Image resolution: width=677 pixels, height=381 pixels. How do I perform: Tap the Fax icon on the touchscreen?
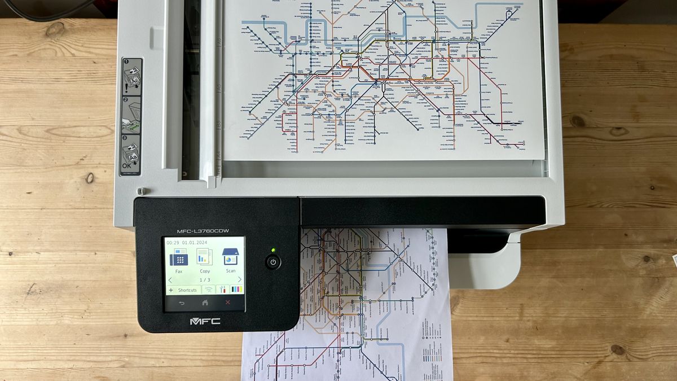[179, 258]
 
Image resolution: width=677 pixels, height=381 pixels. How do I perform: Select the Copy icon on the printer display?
[204, 258]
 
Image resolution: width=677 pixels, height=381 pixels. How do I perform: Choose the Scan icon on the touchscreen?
[230, 257]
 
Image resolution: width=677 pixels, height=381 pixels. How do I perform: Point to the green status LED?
[273, 249]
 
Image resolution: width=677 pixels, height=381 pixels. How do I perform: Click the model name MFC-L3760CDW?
[203, 231]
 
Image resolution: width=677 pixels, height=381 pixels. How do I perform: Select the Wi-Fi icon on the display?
[209, 290]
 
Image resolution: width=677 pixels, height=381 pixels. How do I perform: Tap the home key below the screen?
[205, 303]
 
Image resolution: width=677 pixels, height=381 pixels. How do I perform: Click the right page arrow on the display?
[239, 279]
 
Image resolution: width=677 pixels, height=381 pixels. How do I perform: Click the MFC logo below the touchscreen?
[205, 321]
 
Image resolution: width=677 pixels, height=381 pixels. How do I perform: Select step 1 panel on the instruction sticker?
[131, 77]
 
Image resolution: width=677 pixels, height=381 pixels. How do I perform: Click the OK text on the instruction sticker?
[128, 167]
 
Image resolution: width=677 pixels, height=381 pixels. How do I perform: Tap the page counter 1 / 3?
[204, 280]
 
